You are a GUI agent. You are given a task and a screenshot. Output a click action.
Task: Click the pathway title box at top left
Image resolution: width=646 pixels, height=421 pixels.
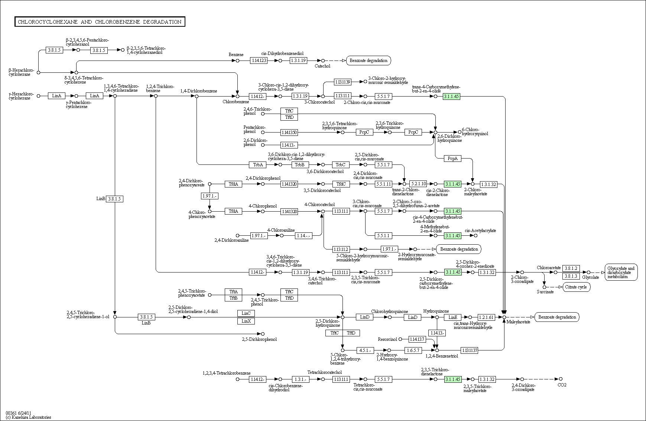point(100,22)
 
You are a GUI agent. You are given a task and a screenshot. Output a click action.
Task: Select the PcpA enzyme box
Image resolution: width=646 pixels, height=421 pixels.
point(452,159)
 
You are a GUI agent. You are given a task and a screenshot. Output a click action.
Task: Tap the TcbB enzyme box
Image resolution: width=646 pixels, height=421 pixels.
point(300,164)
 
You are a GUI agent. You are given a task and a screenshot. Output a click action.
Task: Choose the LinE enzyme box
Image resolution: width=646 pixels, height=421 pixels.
point(452,317)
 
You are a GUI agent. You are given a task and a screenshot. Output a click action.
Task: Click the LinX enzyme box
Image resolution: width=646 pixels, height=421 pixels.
point(246,321)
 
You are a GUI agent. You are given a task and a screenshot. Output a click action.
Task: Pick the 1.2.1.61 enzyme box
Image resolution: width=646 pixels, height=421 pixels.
point(486,317)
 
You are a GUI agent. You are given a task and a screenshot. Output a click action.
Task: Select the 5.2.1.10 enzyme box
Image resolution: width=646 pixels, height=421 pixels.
point(418,184)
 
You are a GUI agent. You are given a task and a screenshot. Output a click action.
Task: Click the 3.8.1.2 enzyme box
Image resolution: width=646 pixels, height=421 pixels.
point(571,268)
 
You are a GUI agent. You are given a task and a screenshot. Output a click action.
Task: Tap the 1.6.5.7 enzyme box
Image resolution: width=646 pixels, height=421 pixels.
point(413,350)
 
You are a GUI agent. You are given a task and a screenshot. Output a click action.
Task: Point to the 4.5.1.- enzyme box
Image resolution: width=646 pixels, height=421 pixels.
point(365,350)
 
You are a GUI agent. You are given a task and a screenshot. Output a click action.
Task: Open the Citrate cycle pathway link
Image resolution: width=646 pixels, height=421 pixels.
point(576,287)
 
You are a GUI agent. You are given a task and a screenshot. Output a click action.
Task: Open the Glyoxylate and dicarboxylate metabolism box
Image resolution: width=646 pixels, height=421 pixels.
point(621,272)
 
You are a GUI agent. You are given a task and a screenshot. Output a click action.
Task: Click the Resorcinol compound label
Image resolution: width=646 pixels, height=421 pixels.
point(387,339)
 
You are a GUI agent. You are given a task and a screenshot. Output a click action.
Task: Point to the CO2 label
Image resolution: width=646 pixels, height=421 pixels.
point(562,385)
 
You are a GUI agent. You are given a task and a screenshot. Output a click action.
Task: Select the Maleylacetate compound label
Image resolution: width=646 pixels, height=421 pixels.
point(518,322)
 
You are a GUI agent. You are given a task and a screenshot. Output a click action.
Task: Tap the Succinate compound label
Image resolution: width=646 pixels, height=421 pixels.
point(545,292)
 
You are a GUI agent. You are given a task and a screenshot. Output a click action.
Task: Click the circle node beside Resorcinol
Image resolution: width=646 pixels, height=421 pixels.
point(400,339)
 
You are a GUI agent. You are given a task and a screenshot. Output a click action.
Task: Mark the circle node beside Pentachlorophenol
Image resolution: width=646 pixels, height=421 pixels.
point(263,132)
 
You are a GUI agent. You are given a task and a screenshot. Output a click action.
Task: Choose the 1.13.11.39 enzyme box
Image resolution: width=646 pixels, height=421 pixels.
point(342,82)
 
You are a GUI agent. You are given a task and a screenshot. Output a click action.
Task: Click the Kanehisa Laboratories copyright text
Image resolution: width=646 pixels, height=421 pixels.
point(28,417)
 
